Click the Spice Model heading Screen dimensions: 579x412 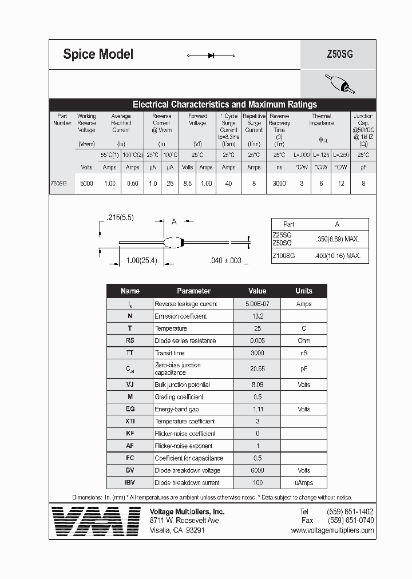coord(98,54)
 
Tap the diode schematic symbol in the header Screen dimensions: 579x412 coord(211,55)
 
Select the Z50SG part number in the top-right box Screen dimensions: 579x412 coord(339,55)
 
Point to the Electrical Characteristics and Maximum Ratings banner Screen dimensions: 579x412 coord(224,105)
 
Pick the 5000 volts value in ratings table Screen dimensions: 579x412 coord(87,184)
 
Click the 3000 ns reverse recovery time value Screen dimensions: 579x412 coord(279,184)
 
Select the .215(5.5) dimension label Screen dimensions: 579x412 coord(120,217)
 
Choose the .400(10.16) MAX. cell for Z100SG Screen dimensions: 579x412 coord(338,256)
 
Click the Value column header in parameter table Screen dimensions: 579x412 coord(257,291)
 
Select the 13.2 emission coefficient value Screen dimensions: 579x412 coord(257,316)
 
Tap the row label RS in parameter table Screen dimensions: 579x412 coord(130,340)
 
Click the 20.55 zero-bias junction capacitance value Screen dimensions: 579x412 coord(257,369)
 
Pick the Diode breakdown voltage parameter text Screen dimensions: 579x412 coord(187,470)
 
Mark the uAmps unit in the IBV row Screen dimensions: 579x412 coord(303,482)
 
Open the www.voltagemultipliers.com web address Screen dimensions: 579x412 coord(332,530)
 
